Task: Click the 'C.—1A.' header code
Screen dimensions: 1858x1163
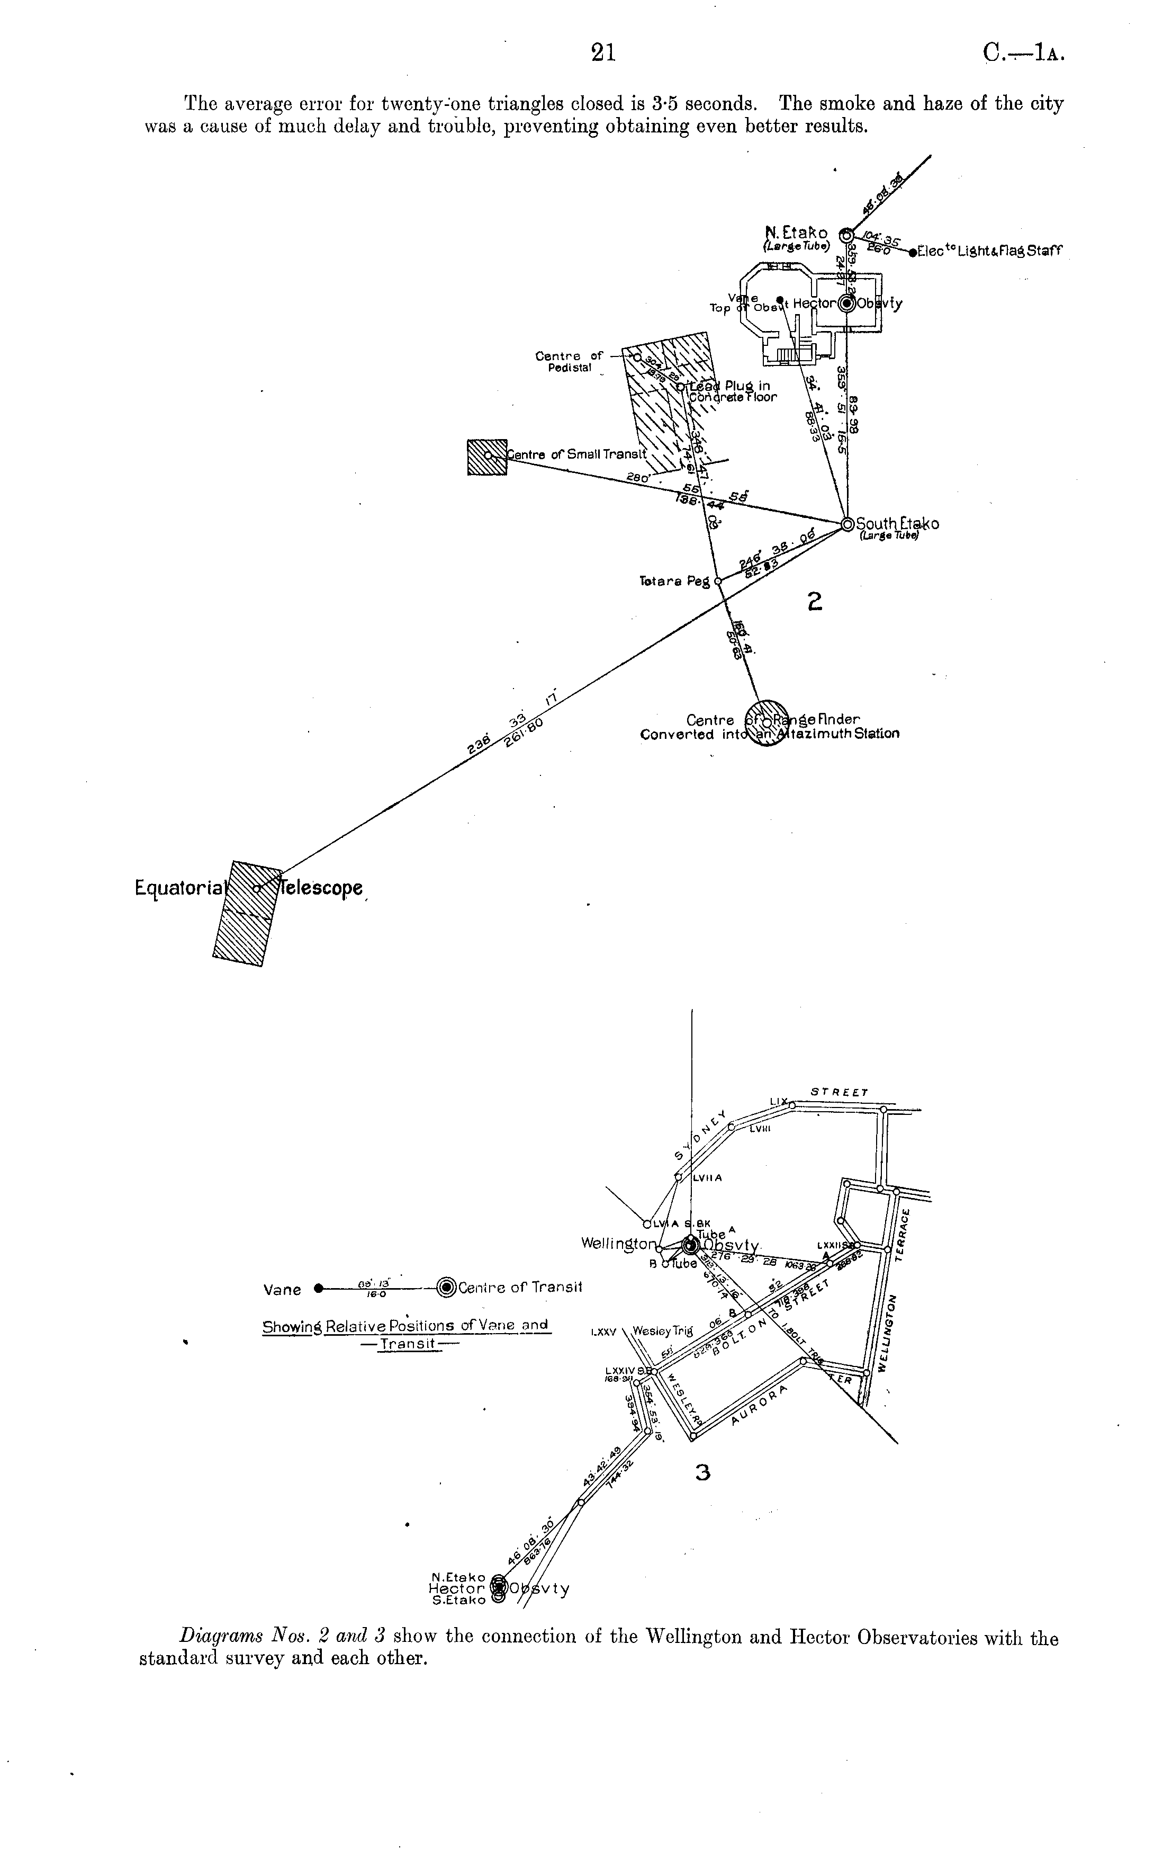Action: point(1023,52)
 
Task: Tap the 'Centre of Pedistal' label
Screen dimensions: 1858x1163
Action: point(569,362)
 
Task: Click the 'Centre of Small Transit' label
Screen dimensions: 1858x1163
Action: point(577,454)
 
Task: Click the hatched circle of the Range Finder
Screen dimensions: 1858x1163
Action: point(768,721)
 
